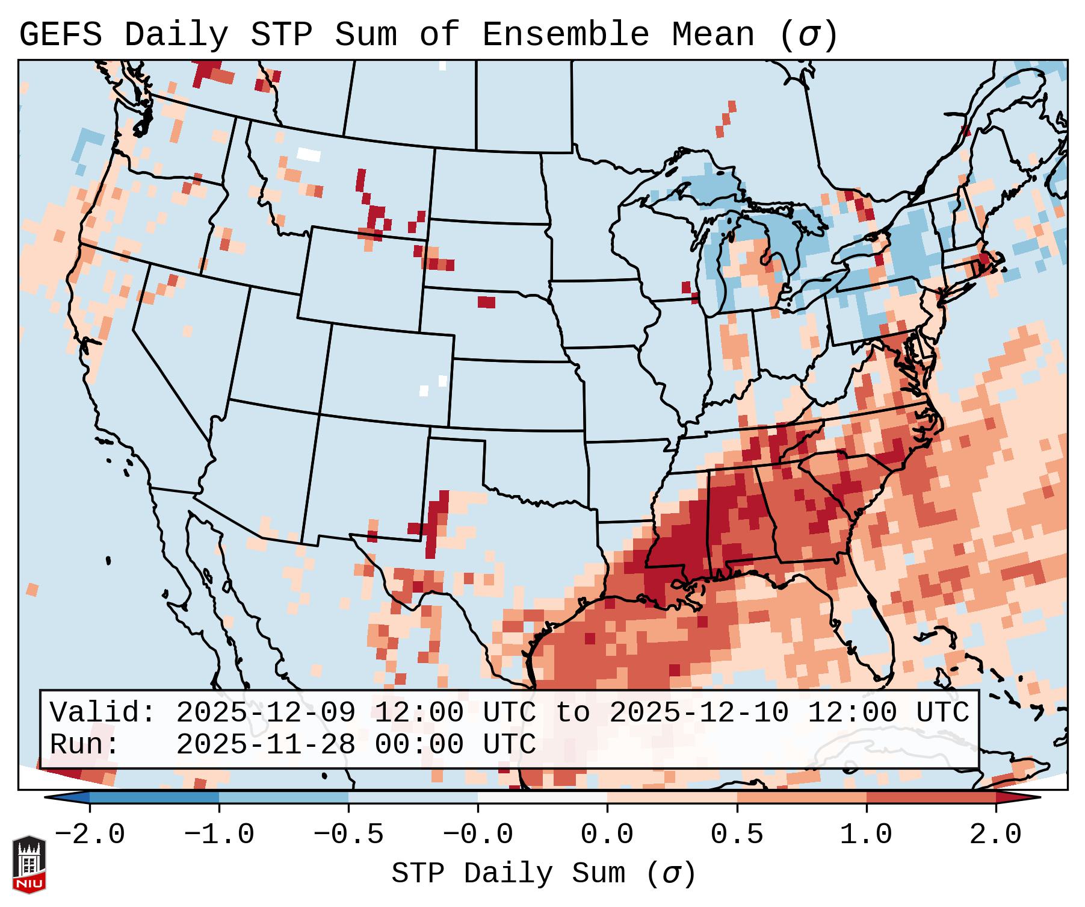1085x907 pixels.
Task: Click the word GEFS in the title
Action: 60,35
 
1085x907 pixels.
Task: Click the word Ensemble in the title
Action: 565,35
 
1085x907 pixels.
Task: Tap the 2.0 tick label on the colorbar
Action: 995,834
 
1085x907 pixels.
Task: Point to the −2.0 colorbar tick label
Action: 89,834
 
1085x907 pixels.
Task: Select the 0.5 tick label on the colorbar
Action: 737,834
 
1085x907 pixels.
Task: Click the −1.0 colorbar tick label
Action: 218,834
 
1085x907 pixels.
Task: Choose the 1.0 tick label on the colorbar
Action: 866,834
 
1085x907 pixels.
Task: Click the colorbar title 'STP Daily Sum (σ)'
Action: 543,873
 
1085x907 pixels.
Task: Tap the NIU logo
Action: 29,864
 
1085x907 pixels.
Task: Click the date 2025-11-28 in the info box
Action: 265,744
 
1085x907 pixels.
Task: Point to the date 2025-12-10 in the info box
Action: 699,712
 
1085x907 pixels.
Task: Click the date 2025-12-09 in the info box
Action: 265,712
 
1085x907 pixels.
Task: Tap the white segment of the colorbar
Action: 542,797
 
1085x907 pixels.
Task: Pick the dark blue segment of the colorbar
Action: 154,797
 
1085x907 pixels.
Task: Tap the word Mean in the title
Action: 713,35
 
